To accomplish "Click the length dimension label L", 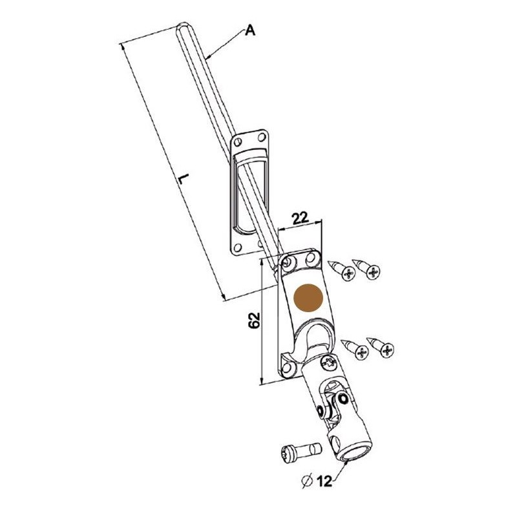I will coord(184,179).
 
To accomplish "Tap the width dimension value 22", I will coord(299,218).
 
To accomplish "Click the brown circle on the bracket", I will coord(308,298).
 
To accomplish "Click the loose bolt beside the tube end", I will coord(300,450).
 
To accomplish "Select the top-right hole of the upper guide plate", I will coord(262,137).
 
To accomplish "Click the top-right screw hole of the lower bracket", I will coord(311,257).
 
